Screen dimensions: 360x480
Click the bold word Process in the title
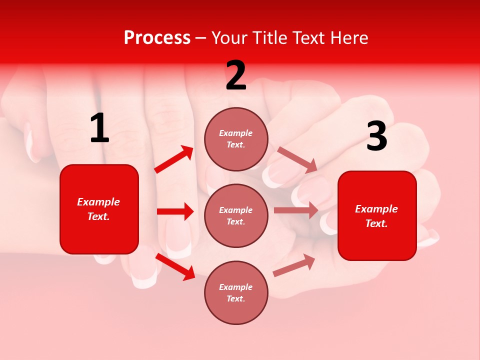[157, 38]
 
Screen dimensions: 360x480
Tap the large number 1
[99, 128]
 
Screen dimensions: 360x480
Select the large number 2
[236, 76]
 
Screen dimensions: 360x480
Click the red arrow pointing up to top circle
[174, 159]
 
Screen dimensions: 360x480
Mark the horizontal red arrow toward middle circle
[175, 211]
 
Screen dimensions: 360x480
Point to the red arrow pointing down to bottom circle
[175, 266]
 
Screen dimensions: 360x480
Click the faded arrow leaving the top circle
[297, 159]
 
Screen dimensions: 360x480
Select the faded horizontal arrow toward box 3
[296, 210]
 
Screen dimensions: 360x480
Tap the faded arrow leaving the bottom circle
[294, 265]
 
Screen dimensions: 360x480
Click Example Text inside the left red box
[99, 209]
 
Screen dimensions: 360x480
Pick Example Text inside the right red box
[377, 216]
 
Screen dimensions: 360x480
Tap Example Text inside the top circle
[236, 139]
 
